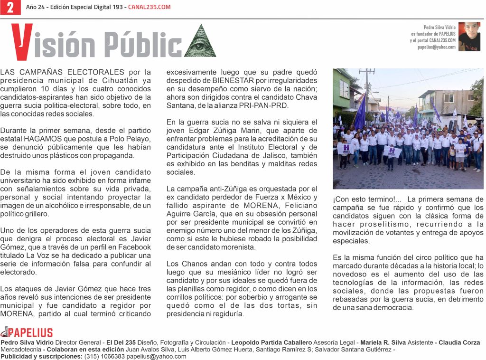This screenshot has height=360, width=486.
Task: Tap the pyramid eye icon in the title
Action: (200, 41)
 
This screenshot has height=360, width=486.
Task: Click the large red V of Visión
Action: (22, 42)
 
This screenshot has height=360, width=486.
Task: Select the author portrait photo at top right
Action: (469, 37)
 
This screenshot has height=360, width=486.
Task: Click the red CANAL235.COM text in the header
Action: (150, 7)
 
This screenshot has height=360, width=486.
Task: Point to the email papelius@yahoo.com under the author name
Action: (436, 47)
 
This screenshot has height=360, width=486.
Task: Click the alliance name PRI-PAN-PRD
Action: (270, 105)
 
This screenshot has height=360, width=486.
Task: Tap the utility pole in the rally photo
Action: (367, 90)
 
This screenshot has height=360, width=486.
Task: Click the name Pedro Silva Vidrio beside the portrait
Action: (439, 28)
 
